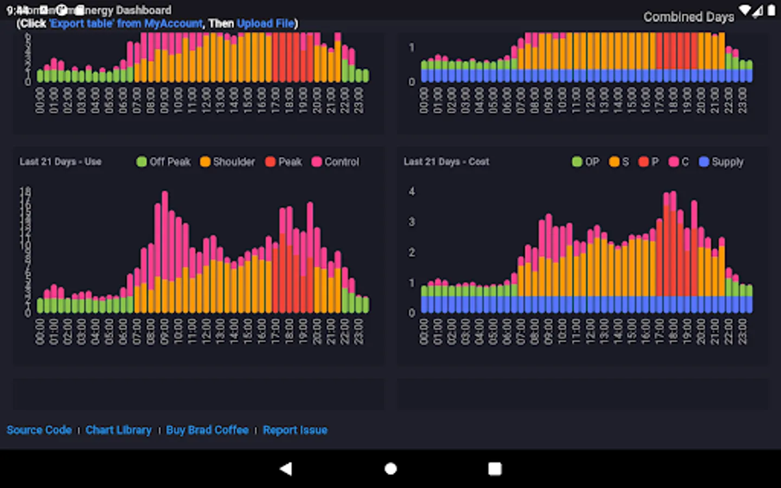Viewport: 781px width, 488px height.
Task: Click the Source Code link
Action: click(39, 430)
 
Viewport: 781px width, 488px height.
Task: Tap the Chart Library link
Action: click(118, 430)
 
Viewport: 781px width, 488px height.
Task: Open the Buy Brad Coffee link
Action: click(207, 430)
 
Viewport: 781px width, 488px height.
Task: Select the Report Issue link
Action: click(295, 430)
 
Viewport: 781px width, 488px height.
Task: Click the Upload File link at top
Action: click(266, 23)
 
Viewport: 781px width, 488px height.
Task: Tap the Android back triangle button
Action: click(286, 468)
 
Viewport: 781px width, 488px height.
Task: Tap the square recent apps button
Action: click(495, 468)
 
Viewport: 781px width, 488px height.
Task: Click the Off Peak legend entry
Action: click(164, 162)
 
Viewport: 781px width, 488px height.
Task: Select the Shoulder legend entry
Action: click(227, 162)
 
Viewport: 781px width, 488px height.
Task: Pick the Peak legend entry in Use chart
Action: click(284, 162)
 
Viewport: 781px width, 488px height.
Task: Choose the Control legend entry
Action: click(335, 162)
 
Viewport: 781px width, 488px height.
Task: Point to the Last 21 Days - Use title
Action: click(60, 162)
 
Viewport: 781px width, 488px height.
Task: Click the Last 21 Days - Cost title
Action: click(446, 162)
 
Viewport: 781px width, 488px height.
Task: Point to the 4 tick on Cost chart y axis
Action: click(412, 191)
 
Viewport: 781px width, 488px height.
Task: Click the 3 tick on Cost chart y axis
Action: click(412, 222)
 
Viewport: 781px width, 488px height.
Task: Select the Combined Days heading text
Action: click(689, 17)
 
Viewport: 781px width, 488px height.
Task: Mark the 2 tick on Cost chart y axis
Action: click(412, 252)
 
